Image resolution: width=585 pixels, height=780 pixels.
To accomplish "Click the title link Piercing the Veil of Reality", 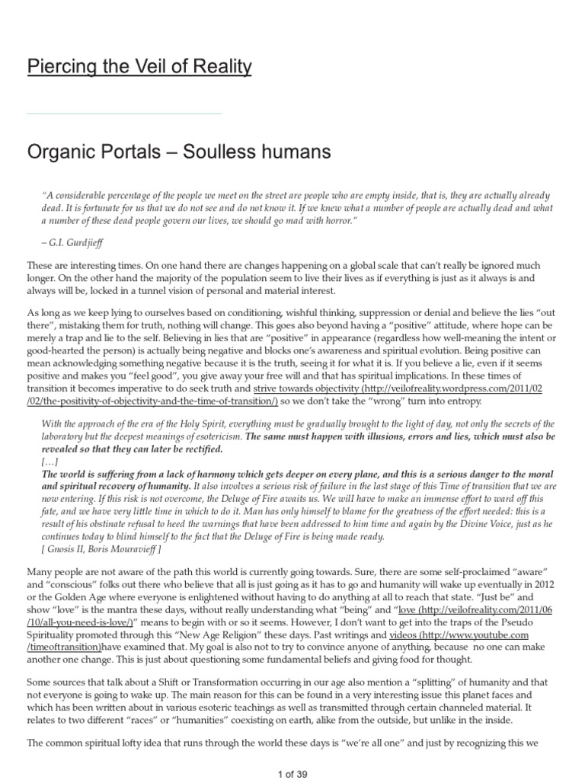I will pyautogui.click(x=139, y=67).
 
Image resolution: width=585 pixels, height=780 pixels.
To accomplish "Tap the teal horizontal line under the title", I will pyautogui.click(x=124, y=113).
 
